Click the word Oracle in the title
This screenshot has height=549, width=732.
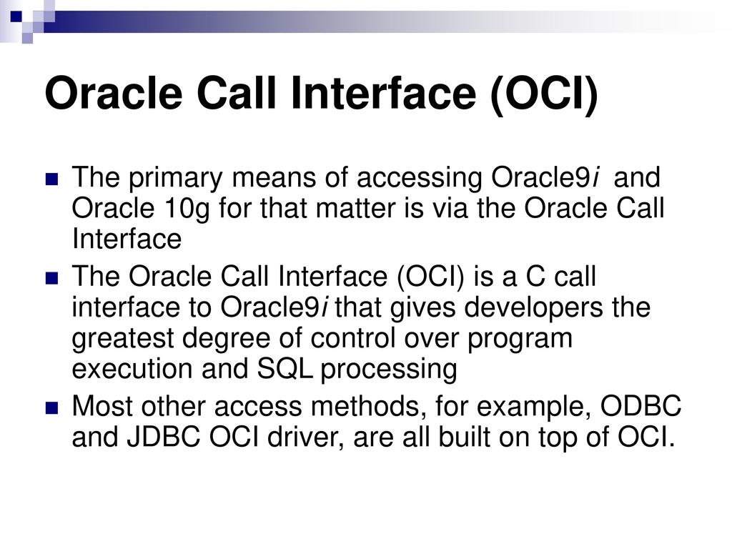pos(114,92)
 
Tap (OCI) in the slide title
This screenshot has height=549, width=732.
pos(544,94)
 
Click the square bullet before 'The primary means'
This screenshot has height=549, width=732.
pos(51,179)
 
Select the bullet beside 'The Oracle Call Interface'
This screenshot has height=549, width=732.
pos(51,278)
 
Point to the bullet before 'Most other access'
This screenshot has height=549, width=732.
pos(51,408)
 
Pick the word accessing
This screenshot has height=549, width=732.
pos(419,179)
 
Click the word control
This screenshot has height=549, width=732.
pos(353,337)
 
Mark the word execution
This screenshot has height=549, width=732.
pos(132,370)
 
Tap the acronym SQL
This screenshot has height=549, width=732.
pos(285,370)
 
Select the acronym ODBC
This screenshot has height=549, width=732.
pos(640,406)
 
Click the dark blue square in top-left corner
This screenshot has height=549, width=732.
pos(16,17)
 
